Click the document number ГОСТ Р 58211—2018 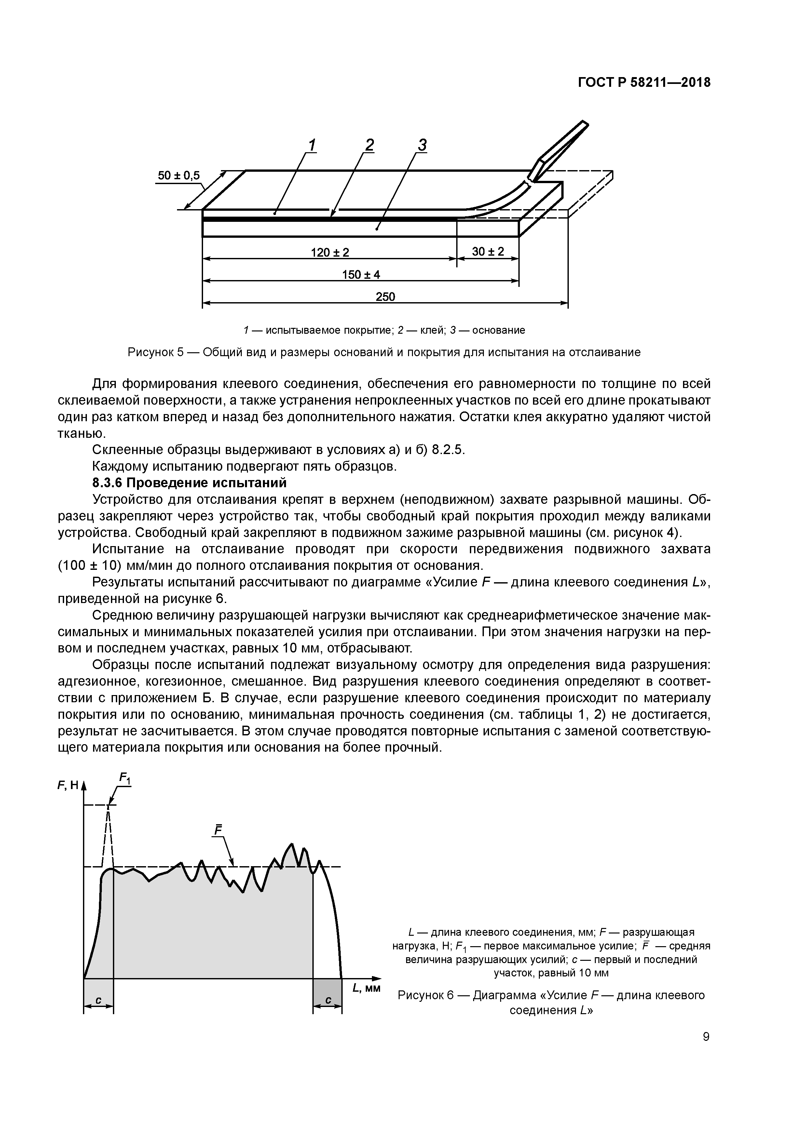[644, 83]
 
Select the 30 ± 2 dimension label [488, 251]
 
